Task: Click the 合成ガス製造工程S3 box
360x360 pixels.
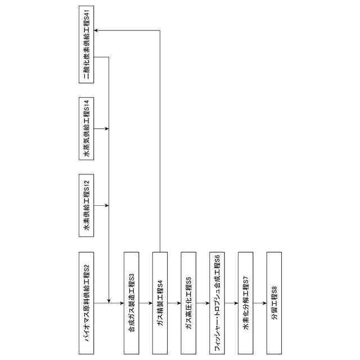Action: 130,303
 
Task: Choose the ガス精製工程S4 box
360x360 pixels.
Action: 160,303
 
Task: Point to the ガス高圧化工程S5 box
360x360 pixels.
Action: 188,303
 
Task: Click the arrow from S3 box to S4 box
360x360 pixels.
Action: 145,303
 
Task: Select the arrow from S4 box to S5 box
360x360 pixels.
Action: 174,303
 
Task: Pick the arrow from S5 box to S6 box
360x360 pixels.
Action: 202,303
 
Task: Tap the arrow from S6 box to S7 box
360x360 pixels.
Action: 231,303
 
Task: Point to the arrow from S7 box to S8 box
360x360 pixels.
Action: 260,303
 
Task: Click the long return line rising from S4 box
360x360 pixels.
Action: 160,141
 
